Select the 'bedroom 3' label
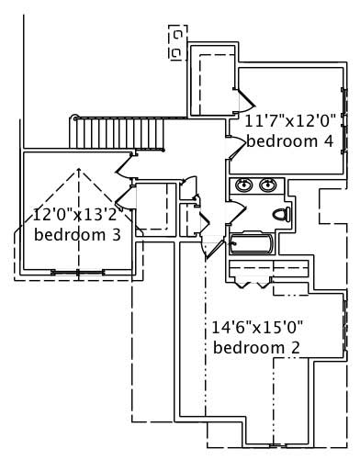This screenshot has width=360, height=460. pos(76,234)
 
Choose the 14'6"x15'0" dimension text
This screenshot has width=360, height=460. pos(257,327)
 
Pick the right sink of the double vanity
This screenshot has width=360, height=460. pos(270,185)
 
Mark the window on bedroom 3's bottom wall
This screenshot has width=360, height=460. pos(79,273)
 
